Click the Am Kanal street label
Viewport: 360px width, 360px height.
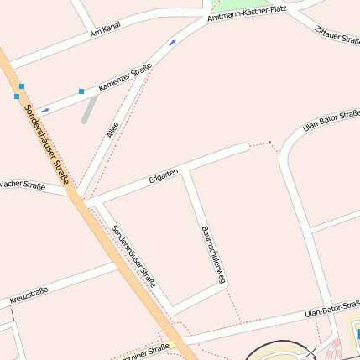pos(105,29)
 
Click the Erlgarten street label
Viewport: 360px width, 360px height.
pos(163,175)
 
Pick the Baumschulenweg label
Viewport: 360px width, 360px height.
pos(214,256)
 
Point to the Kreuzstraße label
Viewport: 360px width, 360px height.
pos(29,295)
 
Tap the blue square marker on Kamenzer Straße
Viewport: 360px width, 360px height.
pos(81,91)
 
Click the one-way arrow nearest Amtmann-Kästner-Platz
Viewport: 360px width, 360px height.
pos(172,42)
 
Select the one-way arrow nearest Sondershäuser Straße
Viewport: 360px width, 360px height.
pos(45,110)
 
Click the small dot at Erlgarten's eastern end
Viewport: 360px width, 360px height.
pos(270,142)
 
